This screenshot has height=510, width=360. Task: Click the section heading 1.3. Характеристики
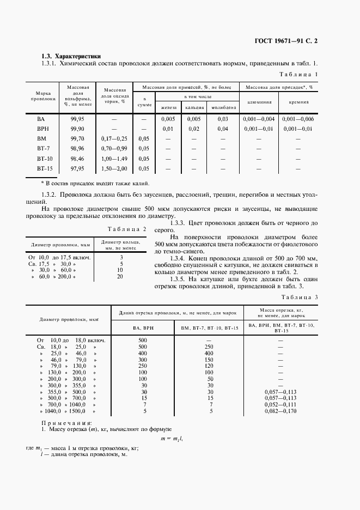coord(71,56)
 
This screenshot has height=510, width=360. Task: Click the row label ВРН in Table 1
coord(41,129)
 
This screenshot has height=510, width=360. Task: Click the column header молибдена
coord(223,107)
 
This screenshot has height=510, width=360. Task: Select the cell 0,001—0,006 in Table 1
coord(298,119)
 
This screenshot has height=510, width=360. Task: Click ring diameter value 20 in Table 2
coord(120,277)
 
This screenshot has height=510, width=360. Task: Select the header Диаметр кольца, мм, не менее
coord(120,245)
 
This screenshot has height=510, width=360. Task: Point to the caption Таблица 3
coord(298,297)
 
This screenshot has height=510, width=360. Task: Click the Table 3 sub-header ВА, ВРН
coord(143,328)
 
